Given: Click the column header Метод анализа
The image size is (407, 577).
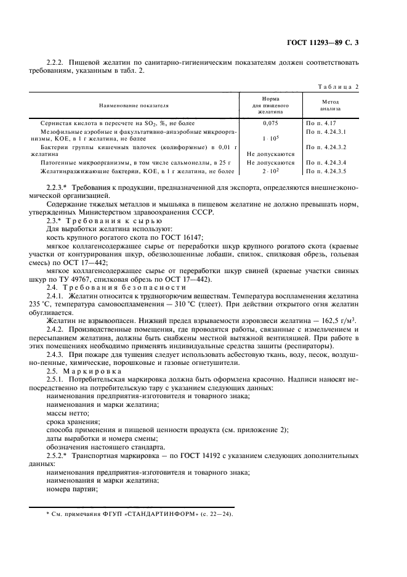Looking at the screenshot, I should coord(331,105).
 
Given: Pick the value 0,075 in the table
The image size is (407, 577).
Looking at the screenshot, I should coord(271,123).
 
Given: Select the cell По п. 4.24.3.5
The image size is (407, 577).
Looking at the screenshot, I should coord(326,171).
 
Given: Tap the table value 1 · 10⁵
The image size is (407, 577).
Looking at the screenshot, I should coord(271,139).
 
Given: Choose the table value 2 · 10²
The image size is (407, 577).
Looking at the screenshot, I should coord(271,171).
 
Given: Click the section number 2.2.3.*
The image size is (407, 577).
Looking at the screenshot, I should coord(58,186).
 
